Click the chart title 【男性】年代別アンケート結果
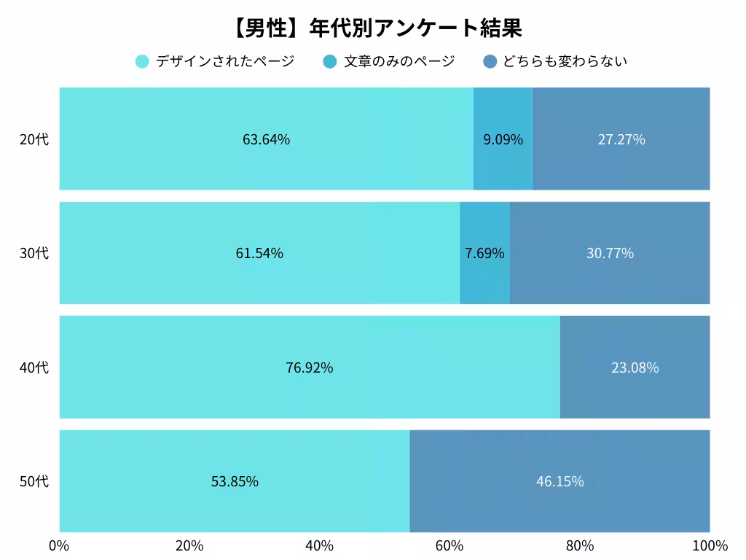(x=377, y=28)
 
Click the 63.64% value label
(x=266, y=139)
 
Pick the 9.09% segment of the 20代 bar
(x=503, y=139)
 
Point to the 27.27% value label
(x=621, y=139)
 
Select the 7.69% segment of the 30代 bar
(x=484, y=253)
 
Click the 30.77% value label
(x=610, y=253)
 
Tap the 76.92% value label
(x=309, y=367)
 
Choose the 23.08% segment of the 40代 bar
(x=635, y=367)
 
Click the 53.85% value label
(x=235, y=481)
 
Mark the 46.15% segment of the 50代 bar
(x=559, y=481)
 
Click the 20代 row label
(x=34, y=139)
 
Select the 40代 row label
(x=34, y=367)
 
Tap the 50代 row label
(x=34, y=481)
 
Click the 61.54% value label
(x=259, y=253)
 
